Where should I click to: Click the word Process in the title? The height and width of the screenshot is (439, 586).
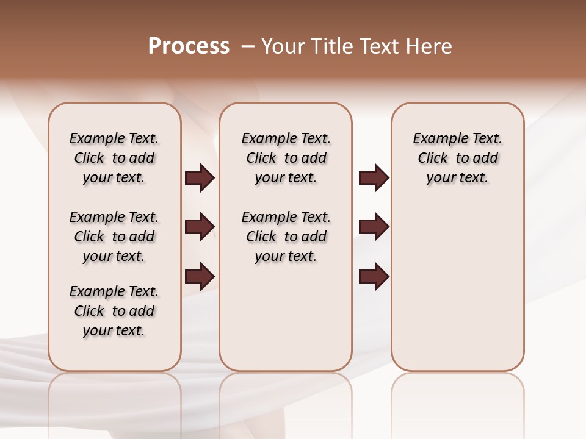point(189,46)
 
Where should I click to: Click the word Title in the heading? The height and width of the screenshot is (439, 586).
point(330,46)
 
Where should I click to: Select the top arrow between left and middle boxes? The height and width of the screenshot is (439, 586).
point(199,178)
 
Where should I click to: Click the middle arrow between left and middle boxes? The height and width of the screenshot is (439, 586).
point(199,227)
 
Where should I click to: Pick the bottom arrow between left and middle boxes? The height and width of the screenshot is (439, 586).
point(199,277)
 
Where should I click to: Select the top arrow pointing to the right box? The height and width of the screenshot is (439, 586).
point(374,178)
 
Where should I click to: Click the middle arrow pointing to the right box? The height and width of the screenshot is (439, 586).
point(374,227)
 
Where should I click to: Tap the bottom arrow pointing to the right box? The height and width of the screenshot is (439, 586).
point(374,277)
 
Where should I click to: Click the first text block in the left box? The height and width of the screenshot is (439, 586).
point(114,158)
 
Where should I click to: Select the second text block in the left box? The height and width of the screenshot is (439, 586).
point(114,237)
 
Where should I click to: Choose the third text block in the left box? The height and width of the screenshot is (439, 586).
point(114,311)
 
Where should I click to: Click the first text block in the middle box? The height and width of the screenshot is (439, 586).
point(286,158)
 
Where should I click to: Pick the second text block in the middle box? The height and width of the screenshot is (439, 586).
point(286,237)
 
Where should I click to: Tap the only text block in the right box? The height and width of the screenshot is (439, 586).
point(458,158)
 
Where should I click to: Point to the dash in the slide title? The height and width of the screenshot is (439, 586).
point(248,46)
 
